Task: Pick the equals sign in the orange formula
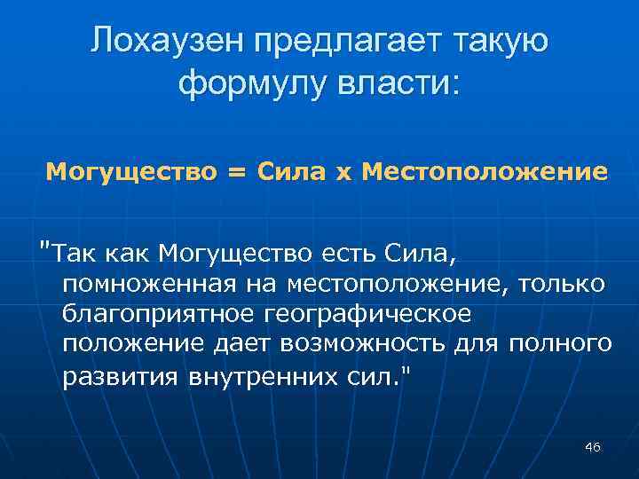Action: (234, 171)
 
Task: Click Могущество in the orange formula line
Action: (130, 171)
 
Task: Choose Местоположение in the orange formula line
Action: (485, 171)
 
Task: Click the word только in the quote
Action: (562, 283)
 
